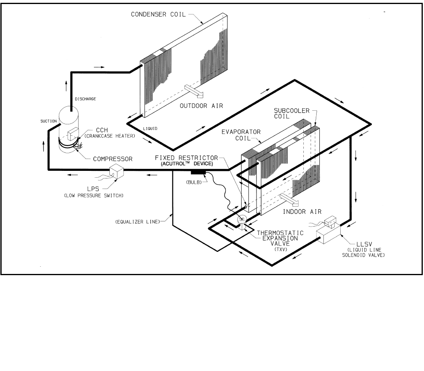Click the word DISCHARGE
click(85, 99)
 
